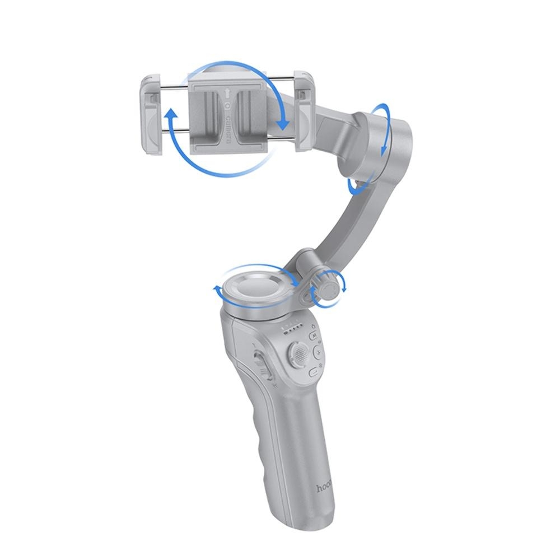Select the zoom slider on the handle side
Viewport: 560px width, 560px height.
click(259, 363)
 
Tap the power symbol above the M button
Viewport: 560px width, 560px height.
click(314, 327)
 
